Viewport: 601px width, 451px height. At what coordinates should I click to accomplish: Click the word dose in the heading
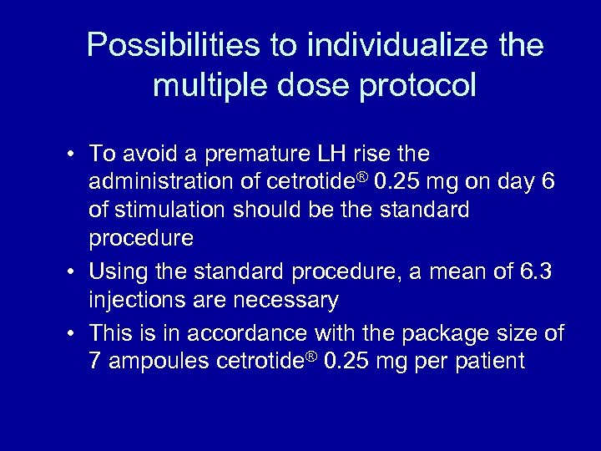point(307,85)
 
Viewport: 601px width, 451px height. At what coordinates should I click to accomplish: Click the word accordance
point(249,334)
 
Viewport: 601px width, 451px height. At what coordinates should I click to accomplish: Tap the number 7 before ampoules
point(95,362)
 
